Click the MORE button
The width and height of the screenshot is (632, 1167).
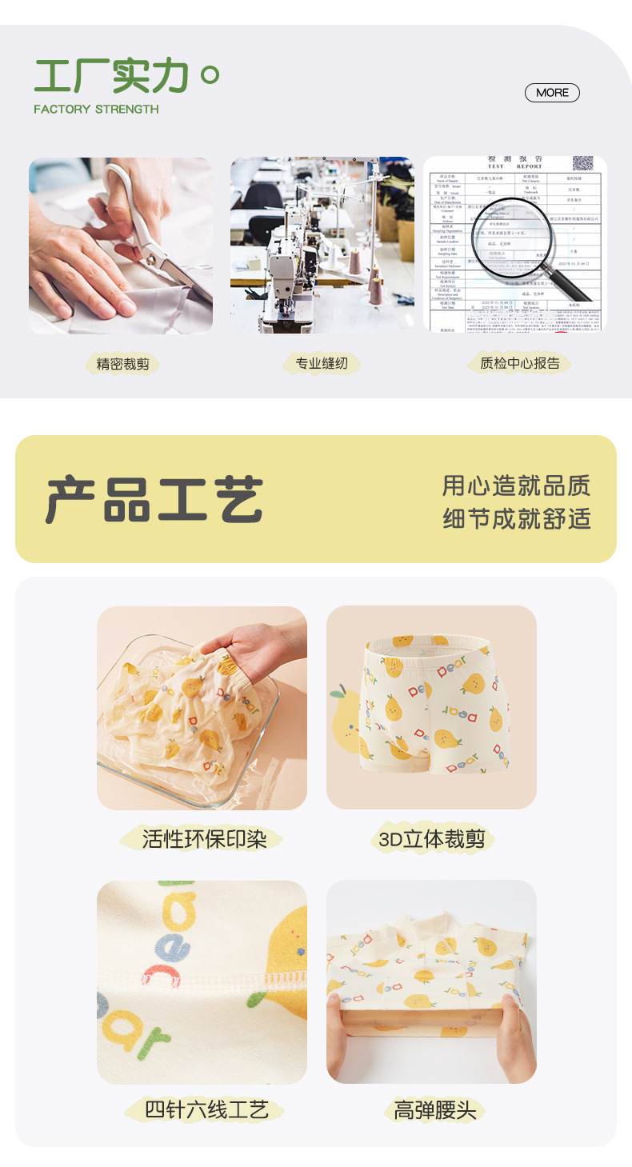552,93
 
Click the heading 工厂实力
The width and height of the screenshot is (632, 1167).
112,77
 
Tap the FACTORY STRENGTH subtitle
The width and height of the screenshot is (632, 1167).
96,110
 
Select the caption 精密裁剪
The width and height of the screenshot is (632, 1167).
122,364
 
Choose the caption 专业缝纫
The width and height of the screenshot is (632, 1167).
322,364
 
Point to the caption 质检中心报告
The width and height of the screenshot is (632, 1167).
520,363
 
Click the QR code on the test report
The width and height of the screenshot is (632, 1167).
583,164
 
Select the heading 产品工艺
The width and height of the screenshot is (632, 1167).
154,501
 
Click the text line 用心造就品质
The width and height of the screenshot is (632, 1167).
517,486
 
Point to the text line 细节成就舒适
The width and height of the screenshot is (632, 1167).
517,518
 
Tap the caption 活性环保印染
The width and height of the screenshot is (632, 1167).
203,838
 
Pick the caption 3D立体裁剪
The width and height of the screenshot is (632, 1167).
432,839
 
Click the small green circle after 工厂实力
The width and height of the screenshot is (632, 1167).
210,76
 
